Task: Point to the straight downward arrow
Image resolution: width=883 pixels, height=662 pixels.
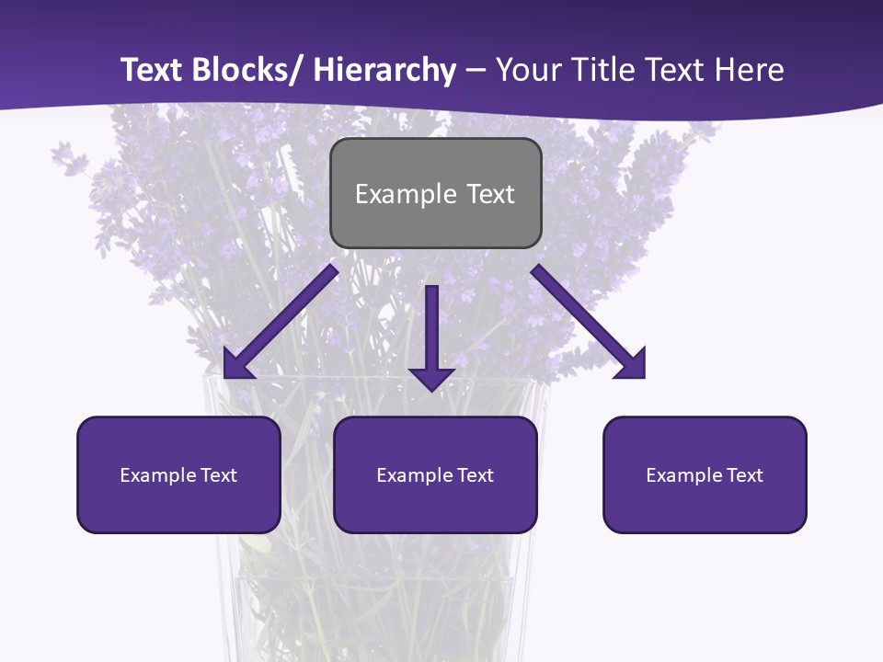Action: pyautogui.click(x=431, y=336)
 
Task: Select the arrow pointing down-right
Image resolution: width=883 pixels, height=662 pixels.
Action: pyautogui.click(x=589, y=322)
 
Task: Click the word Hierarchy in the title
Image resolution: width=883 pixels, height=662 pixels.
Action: pyautogui.click(x=384, y=70)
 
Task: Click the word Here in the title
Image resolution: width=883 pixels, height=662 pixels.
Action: pyautogui.click(x=750, y=70)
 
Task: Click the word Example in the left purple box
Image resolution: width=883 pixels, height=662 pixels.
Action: pyautogui.click(x=154, y=475)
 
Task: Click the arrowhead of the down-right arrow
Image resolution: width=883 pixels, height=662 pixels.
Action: pyautogui.click(x=633, y=366)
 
